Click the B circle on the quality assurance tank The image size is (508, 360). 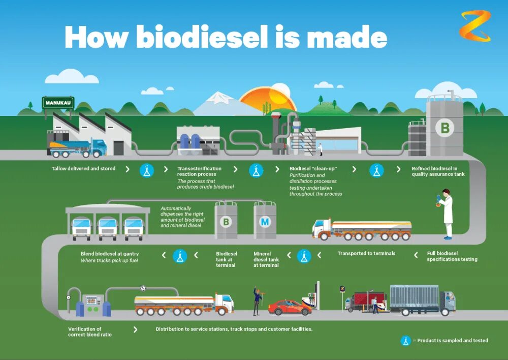click(444, 128)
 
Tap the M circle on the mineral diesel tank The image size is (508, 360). click(265, 222)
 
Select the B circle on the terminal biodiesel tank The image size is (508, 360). click(226, 222)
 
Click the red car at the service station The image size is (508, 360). click(290, 307)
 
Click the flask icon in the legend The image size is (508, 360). click(405, 341)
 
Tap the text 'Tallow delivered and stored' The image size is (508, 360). click(83, 168)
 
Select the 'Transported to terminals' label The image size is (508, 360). click(366, 253)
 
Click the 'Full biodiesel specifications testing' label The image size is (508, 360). click(452, 256)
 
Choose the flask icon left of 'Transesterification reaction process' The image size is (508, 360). click(147, 170)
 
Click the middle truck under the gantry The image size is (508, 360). click(108, 228)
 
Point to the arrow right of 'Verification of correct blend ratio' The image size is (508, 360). click(136, 329)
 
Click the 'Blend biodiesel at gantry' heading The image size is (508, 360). click(110, 254)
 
